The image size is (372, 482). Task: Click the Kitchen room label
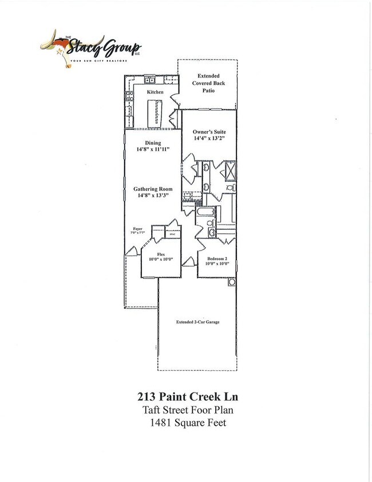pyautogui.click(x=155, y=92)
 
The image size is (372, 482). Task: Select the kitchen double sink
pyautogui.click(x=149, y=80)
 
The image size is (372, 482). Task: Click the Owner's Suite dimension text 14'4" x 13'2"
pyautogui.click(x=209, y=138)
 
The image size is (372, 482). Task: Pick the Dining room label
pyautogui.click(x=153, y=143)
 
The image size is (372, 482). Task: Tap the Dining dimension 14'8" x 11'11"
pyautogui.click(x=153, y=150)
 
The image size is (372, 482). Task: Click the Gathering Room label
pyautogui.click(x=153, y=189)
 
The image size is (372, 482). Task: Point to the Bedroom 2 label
pyautogui.click(x=217, y=259)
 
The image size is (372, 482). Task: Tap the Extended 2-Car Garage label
pyautogui.click(x=197, y=322)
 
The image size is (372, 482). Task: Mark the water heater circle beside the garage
pyautogui.click(x=232, y=283)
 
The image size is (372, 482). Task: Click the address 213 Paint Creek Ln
pyautogui.click(x=185, y=397)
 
